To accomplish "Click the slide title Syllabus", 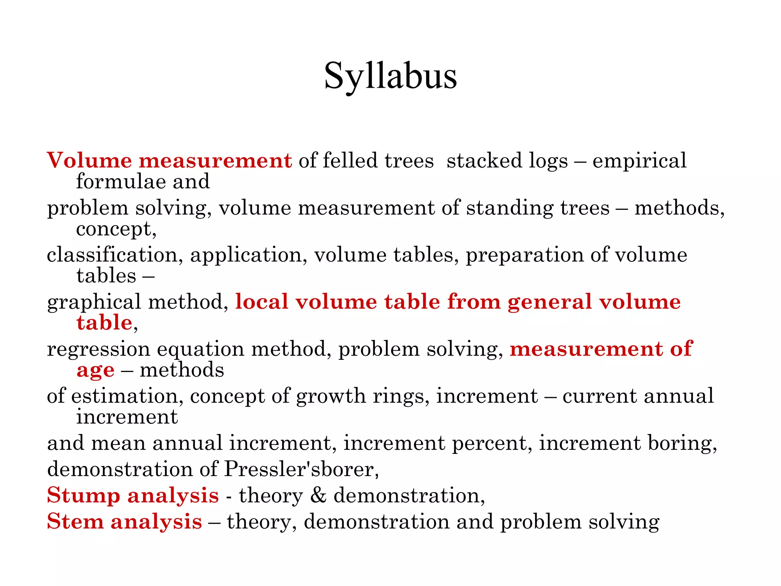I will (390, 76).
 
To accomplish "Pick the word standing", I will (509, 209).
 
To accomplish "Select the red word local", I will (262, 302).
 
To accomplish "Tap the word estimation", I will (124, 396).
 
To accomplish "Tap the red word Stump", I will (84, 496).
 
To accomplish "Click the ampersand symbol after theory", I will (318, 495).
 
